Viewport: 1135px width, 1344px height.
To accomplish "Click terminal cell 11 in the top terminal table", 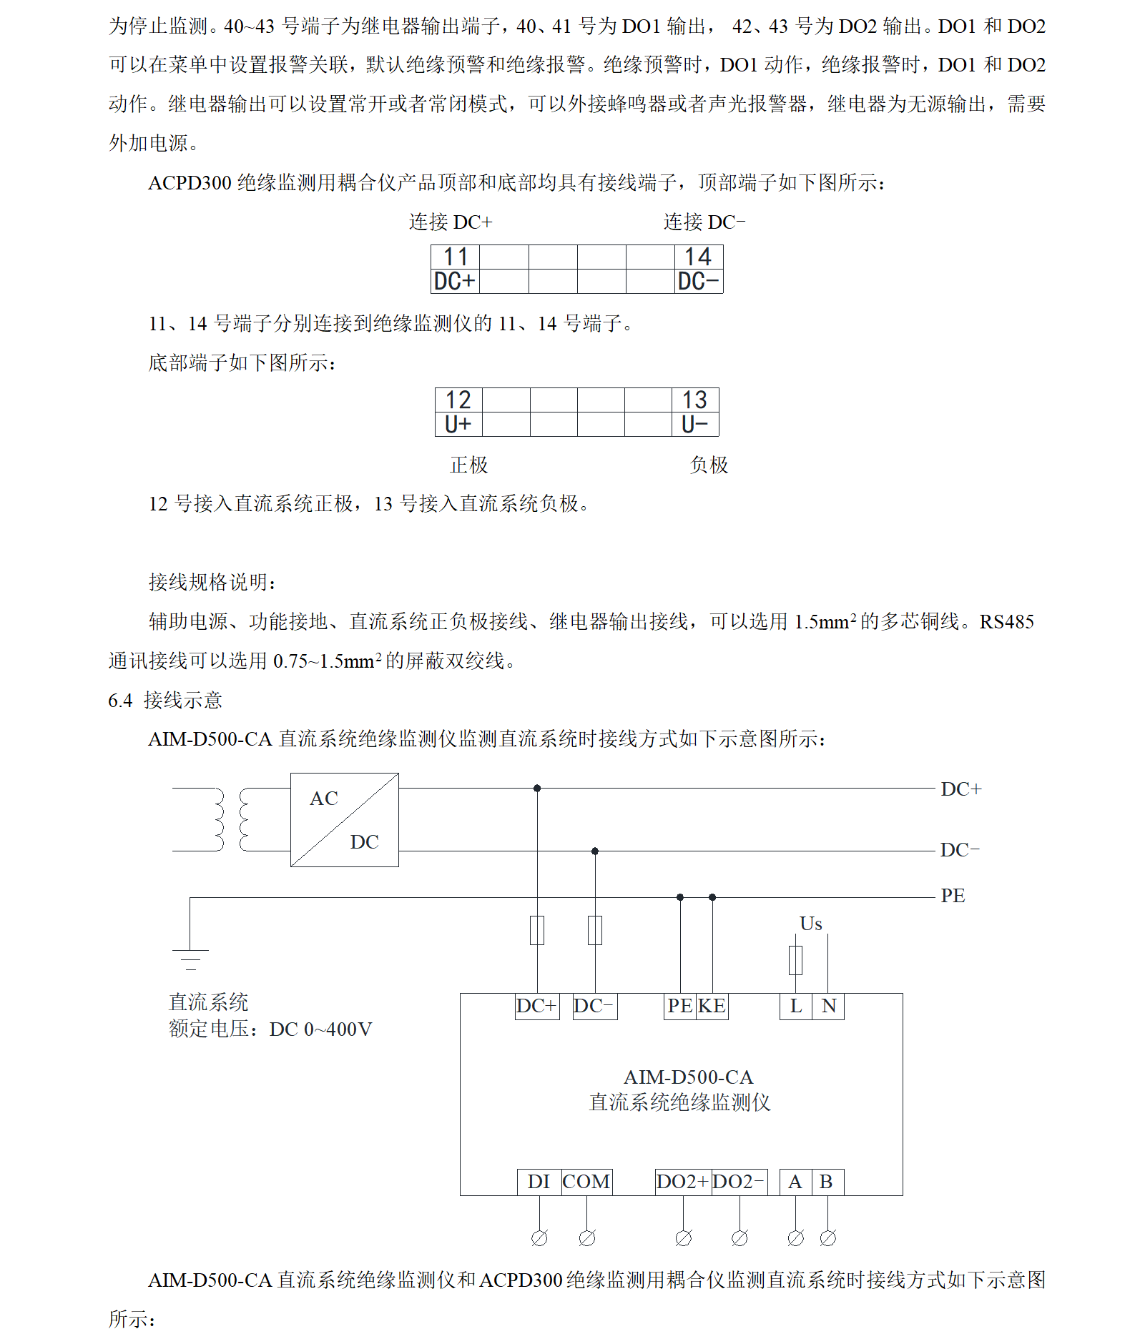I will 456,257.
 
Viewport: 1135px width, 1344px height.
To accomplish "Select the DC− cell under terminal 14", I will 698,281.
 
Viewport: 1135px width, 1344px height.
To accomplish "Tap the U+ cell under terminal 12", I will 458,424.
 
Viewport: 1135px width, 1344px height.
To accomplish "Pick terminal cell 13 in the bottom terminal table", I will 694,400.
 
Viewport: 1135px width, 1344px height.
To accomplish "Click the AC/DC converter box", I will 344,820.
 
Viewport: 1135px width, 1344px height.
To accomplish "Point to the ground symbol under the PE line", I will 190,959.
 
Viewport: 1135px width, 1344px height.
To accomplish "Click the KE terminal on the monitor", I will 712,1006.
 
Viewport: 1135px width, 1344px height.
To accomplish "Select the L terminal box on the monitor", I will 795,1006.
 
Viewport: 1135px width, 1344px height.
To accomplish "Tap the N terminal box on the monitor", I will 828,1006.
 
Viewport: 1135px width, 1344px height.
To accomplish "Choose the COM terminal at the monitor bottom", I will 586,1182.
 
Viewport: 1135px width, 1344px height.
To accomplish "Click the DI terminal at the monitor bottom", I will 539,1182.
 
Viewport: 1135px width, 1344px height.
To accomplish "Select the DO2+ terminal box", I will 682,1182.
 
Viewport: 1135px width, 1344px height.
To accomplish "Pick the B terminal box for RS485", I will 827,1182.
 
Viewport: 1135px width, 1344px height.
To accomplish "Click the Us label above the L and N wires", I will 810,924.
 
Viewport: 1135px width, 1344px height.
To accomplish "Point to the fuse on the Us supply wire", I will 795,960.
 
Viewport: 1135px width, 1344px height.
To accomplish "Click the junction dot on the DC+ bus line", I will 537,789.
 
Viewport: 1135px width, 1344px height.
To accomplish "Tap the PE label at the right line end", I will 953,896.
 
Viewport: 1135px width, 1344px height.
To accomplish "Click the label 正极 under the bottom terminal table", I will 468,465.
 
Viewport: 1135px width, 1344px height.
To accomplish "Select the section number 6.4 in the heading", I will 120,701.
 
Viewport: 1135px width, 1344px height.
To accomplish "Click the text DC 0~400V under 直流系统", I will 320,1029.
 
